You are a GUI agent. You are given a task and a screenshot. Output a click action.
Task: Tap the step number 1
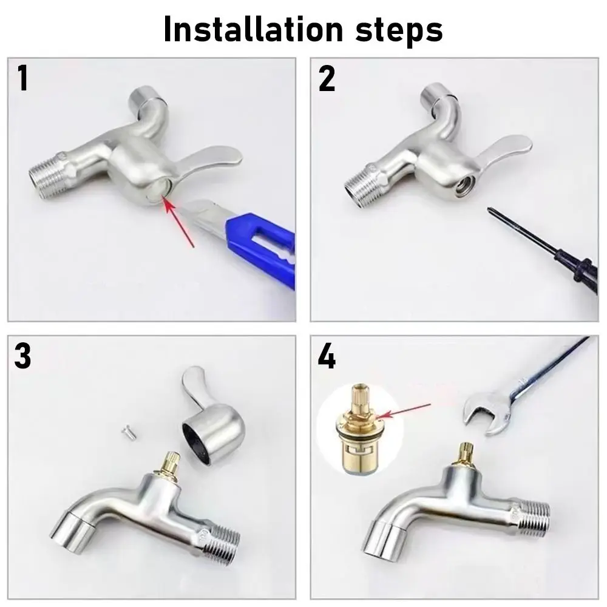point(22,79)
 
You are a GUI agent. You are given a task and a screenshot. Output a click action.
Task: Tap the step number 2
point(327,79)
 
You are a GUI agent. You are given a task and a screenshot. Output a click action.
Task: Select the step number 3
point(23,356)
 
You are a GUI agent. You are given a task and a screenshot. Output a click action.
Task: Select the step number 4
point(327,356)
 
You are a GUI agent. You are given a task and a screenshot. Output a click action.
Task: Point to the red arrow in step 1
point(178,225)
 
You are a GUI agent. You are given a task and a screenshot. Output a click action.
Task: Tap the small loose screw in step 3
point(127,432)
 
